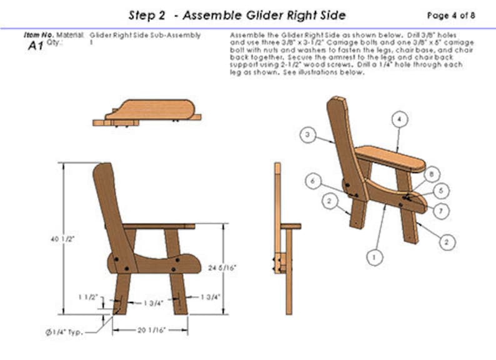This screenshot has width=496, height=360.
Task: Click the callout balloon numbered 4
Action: click(400, 118)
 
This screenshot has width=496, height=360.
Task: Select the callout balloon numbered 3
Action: click(307, 134)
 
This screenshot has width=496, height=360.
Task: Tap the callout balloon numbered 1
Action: click(375, 256)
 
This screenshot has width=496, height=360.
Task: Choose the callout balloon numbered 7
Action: click(441, 211)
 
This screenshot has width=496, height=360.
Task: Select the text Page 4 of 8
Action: click(450, 15)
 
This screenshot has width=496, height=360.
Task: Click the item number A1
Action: click(36, 46)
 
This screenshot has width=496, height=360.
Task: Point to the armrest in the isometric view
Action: click(390, 159)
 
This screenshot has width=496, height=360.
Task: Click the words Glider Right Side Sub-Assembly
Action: click(146, 36)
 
